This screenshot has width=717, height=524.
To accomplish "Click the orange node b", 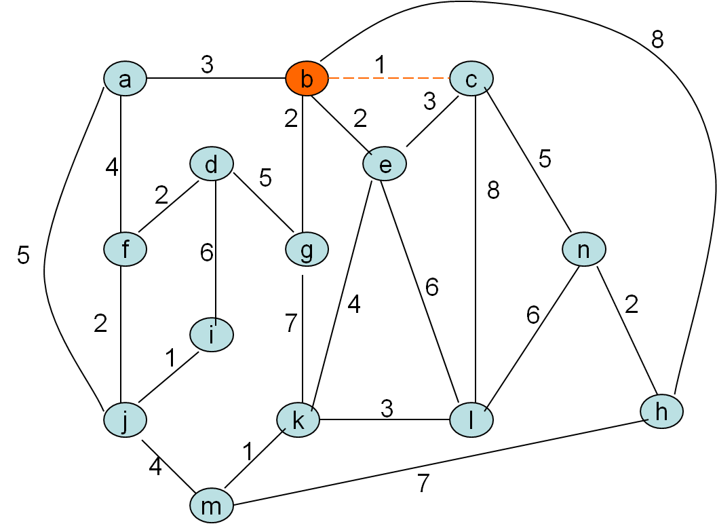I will click(x=307, y=79).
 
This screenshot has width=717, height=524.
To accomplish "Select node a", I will click(x=125, y=79).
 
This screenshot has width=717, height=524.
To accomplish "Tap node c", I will click(x=471, y=79).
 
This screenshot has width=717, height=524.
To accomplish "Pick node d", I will click(x=212, y=164).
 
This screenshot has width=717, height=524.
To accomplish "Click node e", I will click(x=385, y=165).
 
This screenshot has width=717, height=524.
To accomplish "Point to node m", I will click(x=212, y=506).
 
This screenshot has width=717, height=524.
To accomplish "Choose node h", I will click(x=662, y=411).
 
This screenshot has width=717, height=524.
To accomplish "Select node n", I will click(x=583, y=250).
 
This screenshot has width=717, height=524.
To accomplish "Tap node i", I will click(x=212, y=335).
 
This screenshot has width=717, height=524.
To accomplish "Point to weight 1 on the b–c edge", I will click(x=380, y=65).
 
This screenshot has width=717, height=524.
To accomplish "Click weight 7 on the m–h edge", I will click(x=423, y=483).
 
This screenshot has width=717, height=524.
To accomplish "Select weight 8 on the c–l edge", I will click(x=493, y=191).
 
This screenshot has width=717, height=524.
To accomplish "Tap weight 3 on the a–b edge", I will click(x=207, y=65).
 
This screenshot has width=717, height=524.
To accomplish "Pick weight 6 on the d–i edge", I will click(x=206, y=252).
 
